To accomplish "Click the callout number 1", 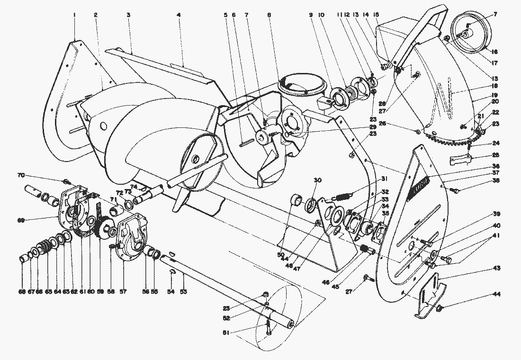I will coord(75,15).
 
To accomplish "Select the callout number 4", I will coord(179,15).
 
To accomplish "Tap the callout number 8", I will coord(269,15).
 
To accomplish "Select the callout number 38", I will coord(495,193).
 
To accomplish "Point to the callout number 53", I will coord(183,291).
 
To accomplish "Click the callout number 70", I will coord(34,175).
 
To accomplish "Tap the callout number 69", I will coord(34,220).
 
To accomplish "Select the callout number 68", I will coord(22,291).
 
